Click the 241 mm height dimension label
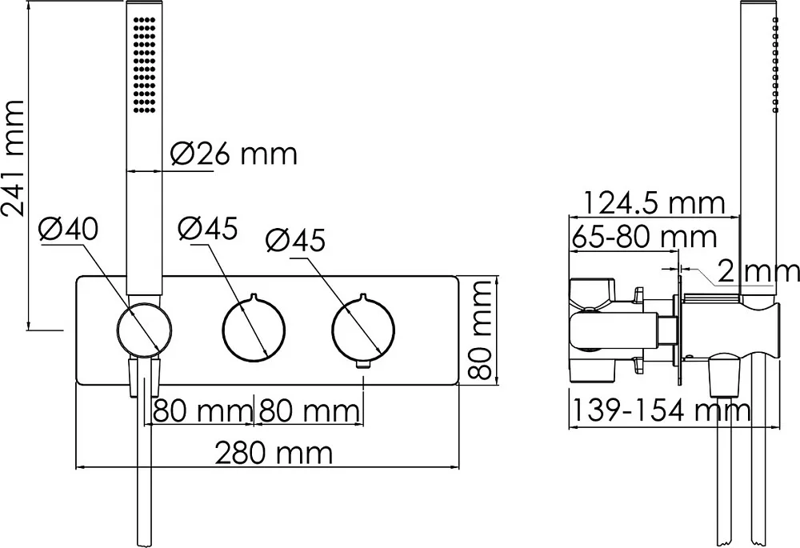pyautogui.click(x=14, y=158)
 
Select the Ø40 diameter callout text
pyautogui.click(x=69, y=230)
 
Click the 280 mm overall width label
pyautogui.click(x=274, y=453)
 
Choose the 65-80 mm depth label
pyautogui.click(x=644, y=237)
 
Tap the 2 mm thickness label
pyautogui.click(x=758, y=271)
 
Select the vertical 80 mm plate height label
pyautogui.click(x=479, y=330)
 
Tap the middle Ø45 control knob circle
pyautogui.click(x=254, y=330)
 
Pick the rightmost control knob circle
pyautogui.click(x=363, y=330)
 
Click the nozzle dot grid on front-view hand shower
pyautogui.click(x=144, y=65)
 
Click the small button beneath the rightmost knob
pyautogui.click(x=363, y=364)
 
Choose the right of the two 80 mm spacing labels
pyautogui.click(x=309, y=410)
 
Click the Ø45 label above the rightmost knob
pyautogui.click(x=295, y=240)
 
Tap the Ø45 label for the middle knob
pyautogui.click(x=208, y=228)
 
